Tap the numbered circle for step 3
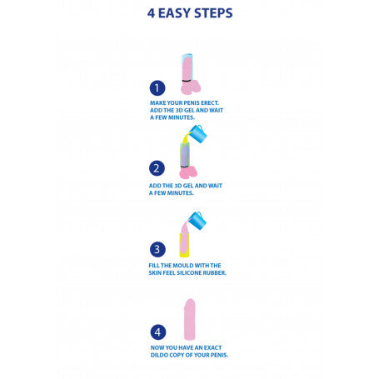click(157, 248)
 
